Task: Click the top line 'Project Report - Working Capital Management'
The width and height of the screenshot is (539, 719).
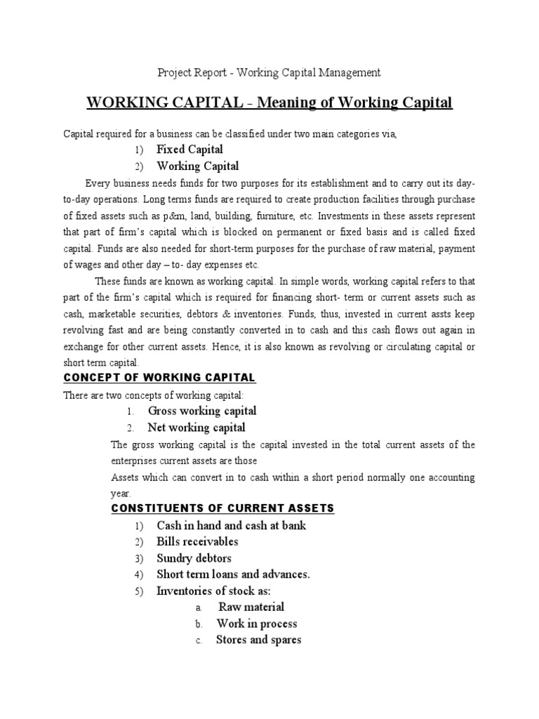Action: pyautogui.click(x=269, y=72)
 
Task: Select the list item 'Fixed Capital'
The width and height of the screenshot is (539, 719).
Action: pyautogui.click(x=189, y=150)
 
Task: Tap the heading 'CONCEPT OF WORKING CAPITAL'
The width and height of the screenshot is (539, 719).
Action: pyautogui.click(x=160, y=378)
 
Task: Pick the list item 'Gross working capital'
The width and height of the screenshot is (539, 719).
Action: pyautogui.click(x=201, y=411)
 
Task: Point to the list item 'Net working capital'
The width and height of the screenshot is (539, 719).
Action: pyautogui.click(x=197, y=428)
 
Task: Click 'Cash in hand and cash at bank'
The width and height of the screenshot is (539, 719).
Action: pyautogui.click(x=232, y=525)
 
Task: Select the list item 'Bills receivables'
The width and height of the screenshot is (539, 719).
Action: pyautogui.click(x=197, y=541)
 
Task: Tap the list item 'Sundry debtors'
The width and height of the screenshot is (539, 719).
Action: pyautogui.click(x=194, y=558)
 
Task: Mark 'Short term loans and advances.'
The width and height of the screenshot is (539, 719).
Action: pyautogui.click(x=233, y=574)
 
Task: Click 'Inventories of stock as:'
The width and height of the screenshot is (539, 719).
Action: pyautogui.click(x=213, y=591)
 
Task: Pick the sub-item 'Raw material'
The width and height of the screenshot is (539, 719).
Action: pyautogui.click(x=251, y=607)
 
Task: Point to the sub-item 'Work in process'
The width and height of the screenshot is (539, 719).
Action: pyautogui.click(x=256, y=624)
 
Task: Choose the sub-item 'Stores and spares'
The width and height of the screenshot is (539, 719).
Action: pyautogui.click(x=258, y=640)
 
